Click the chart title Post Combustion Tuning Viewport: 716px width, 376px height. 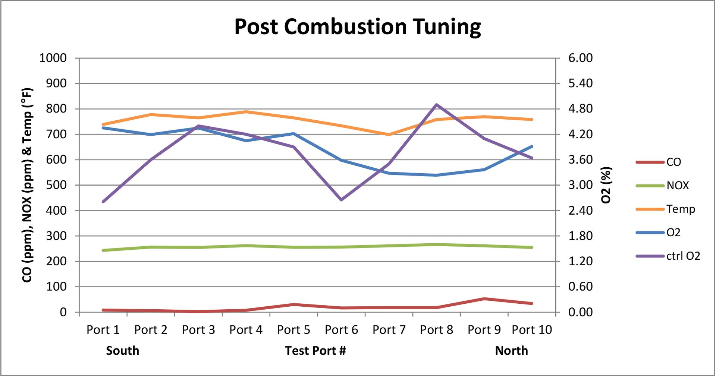(x=357, y=27)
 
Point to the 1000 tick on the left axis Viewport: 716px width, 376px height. (x=53, y=58)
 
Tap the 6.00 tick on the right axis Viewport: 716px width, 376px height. (x=580, y=58)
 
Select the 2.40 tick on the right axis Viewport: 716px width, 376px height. (x=580, y=211)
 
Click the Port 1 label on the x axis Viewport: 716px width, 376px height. (x=103, y=330)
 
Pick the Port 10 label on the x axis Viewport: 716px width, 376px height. (x=532, y=330)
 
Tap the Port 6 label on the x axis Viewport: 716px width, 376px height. (x=341, y=330)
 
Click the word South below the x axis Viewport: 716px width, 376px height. (x=122, y=351)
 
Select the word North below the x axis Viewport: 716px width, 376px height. (x=511, y=351)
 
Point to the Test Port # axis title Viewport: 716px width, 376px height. (x=315, y=351)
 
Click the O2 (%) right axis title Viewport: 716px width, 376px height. (x=607, y=185)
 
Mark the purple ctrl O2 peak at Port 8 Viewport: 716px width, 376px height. (x=436, y=105)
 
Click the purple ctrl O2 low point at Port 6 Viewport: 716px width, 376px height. (x=341, y=200)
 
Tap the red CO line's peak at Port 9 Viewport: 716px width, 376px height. (x=484, y=298)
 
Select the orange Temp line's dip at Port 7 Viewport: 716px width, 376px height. (x=389, y=135)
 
